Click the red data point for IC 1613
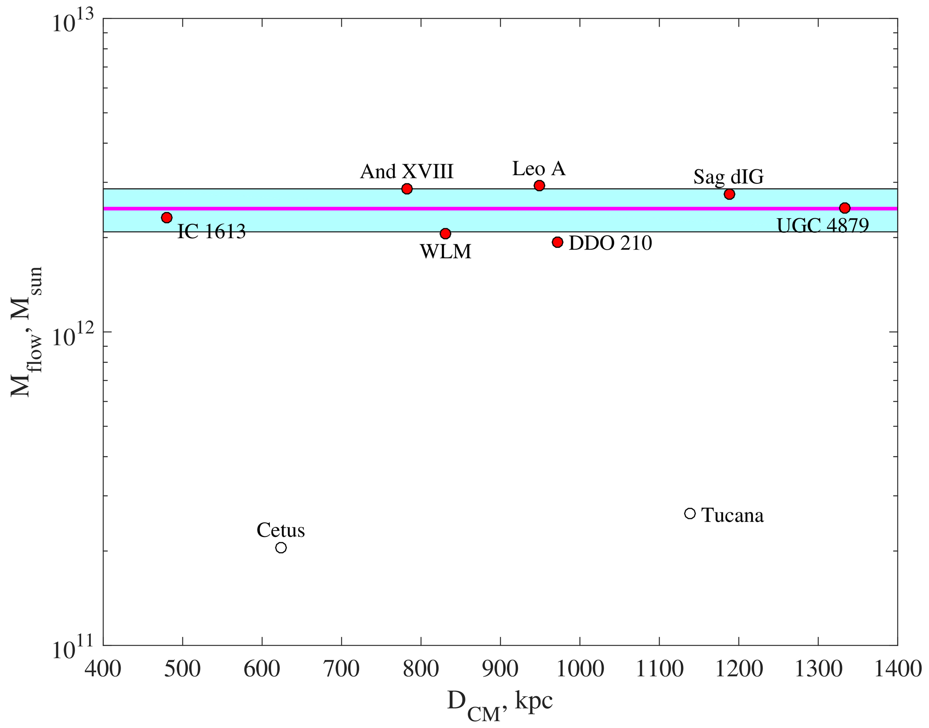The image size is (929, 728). [166, 217]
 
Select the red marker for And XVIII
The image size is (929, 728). [407, 189]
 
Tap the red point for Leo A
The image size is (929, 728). [539, 185]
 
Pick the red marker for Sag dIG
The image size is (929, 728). [729, 194]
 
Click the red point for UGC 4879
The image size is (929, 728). [845, 208]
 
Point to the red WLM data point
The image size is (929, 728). [445, 234]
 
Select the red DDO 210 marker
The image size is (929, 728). [557, 242]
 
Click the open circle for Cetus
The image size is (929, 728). [281, 548]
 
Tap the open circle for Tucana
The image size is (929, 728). [690, 513]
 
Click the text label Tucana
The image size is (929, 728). [733, 516]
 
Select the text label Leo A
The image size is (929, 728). [539, 169]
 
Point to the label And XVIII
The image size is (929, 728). [407, 172]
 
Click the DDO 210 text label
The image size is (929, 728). [610, 243]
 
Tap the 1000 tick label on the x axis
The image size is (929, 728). [580, 669]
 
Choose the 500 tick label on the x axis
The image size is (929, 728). [182, 669]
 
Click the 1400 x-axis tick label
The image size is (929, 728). [897, 669]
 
